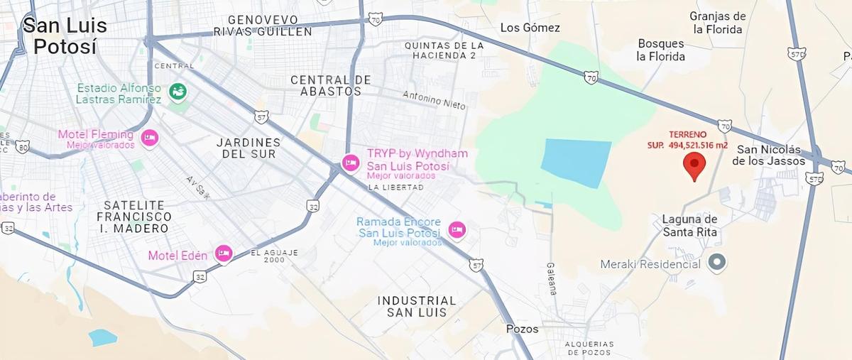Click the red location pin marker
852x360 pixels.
tap(694, 165)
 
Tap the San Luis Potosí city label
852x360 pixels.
tap(65, 36)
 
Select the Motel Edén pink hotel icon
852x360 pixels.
tap(224, 253)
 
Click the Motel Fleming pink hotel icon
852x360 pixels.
tap(148, 138)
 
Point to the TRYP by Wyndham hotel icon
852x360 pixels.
tap(350, 163)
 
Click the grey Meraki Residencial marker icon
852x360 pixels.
tap(718, 263)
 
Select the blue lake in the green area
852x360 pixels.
tap(577, 163)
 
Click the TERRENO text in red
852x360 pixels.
tap(688, 134)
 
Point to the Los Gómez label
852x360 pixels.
tap(530, 28)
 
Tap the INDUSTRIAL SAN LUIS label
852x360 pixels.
tap(416, 306)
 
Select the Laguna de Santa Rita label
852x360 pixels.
tap(689, 225)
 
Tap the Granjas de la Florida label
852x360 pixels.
tap(718, 23)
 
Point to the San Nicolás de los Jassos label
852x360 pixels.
tap(770, 155)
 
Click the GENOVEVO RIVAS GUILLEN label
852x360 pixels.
tap(262, 26)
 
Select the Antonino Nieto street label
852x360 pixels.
tap(434, 99)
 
